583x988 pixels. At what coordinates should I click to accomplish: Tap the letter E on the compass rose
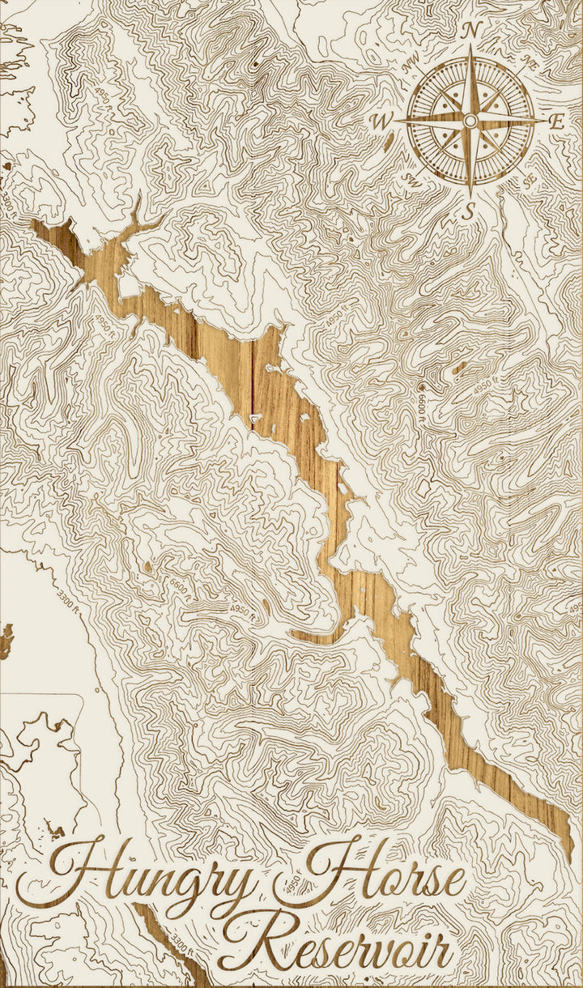556,122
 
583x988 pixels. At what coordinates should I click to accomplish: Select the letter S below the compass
467,212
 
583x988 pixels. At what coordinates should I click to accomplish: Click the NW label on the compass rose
411,59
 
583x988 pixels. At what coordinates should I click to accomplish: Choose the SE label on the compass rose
530,181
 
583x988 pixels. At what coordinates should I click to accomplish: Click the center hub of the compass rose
470,121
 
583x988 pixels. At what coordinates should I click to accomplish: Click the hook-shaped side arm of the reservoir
312,636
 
